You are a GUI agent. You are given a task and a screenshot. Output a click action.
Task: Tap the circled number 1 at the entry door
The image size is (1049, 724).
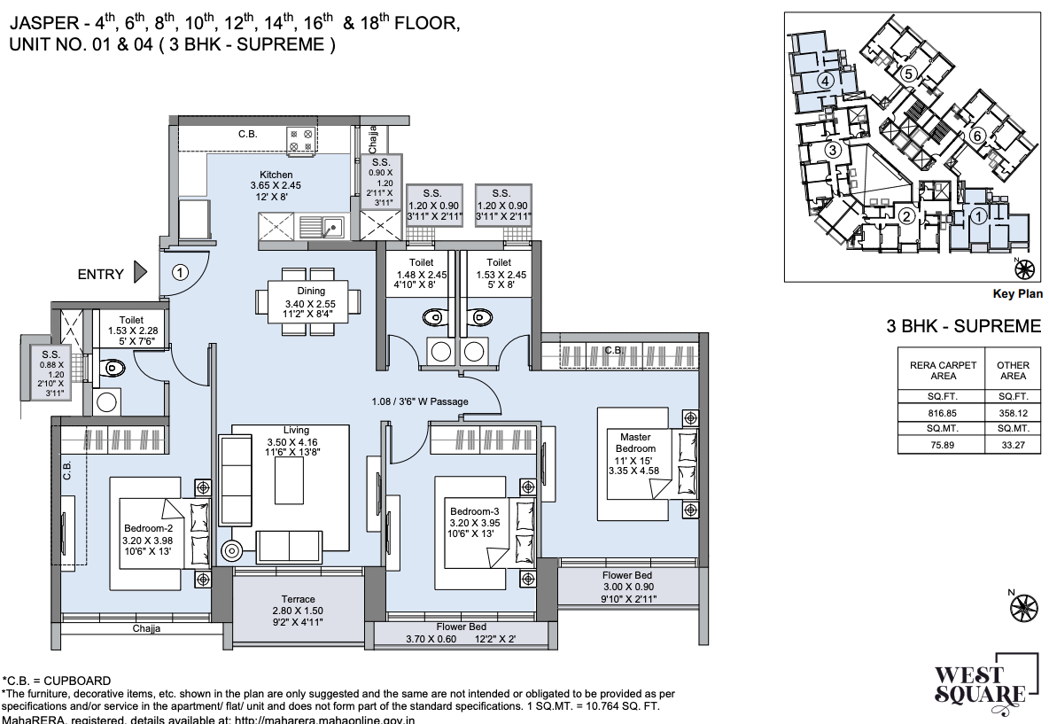(180, 273)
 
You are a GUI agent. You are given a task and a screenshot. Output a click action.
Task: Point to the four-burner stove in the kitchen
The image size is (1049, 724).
(299, 140)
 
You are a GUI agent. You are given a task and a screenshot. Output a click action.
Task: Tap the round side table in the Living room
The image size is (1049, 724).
(233, 549)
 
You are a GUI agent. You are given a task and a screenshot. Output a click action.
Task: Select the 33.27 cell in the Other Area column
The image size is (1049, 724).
(1013, 445)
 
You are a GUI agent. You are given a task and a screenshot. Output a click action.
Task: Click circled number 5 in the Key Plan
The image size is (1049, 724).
(908, 74)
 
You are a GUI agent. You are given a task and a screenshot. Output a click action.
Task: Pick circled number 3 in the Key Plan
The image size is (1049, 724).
(832, 151)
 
